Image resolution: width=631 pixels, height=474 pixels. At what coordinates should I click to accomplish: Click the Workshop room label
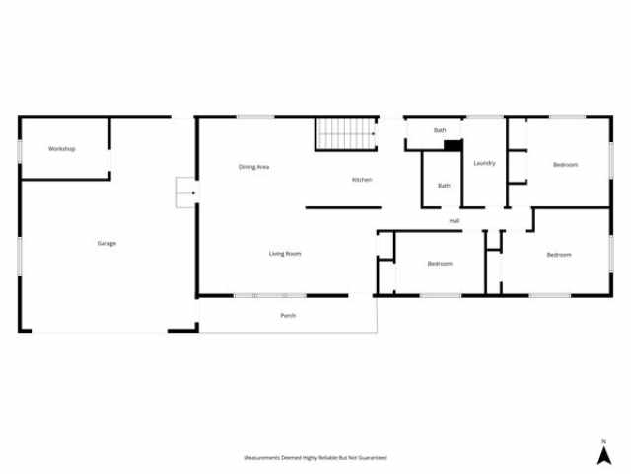(61, 149)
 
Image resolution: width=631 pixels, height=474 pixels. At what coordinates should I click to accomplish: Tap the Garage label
(106, 244)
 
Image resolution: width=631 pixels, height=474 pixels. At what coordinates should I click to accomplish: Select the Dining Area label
(253, 167)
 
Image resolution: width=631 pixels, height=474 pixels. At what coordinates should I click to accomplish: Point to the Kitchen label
(362, 180)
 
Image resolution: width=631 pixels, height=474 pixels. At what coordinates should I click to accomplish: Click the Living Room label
(285, 254)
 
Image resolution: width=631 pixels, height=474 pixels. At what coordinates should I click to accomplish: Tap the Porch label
(288, 315)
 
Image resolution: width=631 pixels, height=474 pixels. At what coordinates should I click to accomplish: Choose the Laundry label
(484, 163)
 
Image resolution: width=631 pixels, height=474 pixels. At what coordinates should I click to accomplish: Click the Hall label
(455, 221)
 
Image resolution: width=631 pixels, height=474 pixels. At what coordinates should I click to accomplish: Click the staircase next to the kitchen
(346, 134)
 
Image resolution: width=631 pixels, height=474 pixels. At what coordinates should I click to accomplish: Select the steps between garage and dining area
(186, 193)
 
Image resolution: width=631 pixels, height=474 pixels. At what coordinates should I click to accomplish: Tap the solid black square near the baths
(454, 145)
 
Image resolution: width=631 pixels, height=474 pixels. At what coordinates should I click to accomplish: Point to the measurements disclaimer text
(315, 457)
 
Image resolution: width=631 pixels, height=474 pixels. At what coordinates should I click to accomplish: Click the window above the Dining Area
(255, 117)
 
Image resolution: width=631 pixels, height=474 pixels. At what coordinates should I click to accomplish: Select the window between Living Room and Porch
(270, 296)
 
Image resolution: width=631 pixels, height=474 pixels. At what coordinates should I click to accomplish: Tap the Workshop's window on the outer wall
(20, 152)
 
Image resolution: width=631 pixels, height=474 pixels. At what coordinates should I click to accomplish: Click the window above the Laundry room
(485, 117)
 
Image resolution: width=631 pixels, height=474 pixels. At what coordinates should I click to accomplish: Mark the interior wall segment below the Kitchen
(343, 208)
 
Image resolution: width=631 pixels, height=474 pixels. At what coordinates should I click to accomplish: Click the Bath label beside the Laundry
(444, 186)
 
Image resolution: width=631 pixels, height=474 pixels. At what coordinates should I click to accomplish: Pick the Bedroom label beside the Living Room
(440, 264)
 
